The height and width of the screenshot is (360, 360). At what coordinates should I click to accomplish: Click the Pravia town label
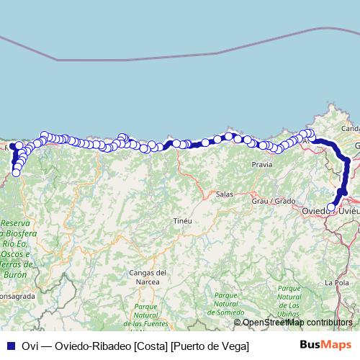tap(262, 165)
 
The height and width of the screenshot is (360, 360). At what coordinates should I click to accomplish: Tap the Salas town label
tap(225, 194)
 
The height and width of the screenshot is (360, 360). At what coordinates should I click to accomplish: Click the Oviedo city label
tap(314, 210)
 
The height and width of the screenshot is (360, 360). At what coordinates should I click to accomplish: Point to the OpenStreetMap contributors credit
tap(297, 323)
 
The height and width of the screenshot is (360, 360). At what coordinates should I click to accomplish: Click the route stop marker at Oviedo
tap(331, 207)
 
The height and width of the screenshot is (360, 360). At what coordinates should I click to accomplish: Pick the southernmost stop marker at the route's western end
tap(16, 173)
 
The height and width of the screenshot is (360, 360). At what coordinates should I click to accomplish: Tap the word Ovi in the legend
tap(30, 346)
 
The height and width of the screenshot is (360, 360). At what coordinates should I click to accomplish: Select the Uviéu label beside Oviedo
tap(348, 210)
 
